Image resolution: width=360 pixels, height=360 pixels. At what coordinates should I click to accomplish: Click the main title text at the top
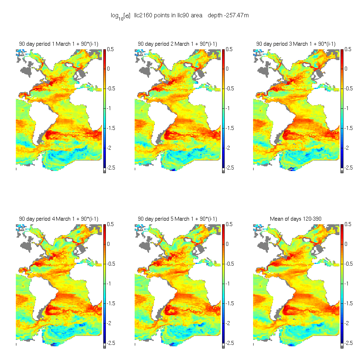coord(180,15)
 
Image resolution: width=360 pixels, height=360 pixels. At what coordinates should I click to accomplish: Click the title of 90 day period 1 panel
coord(59,44)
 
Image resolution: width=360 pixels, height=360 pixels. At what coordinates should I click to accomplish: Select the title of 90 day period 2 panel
coord(177,44)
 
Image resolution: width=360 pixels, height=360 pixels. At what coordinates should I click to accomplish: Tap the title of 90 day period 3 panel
coord(296,44)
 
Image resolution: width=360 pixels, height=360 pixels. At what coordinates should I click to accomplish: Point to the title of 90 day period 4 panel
coord(59,219)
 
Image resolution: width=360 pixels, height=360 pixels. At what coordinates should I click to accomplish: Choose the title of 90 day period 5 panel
coord(177,219)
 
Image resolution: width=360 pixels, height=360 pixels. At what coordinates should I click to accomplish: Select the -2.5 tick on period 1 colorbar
coord(110,168)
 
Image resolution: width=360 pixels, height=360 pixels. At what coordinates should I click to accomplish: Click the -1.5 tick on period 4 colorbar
coord(110,303)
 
